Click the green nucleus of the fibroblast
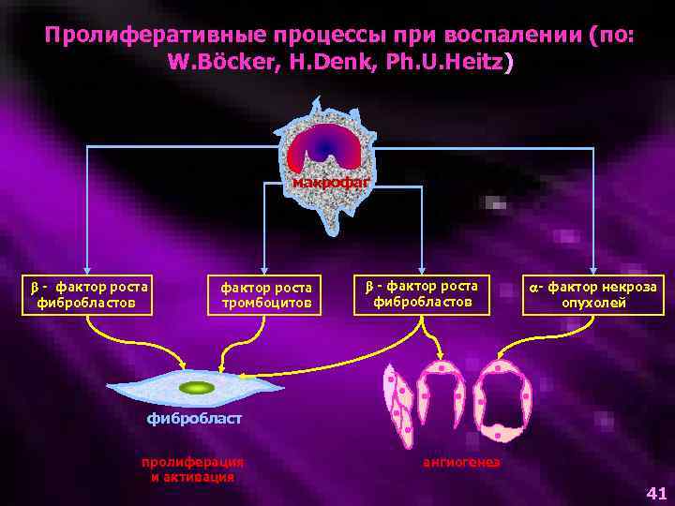[197, 387]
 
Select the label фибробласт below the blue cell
[194, 419]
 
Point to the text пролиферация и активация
[192, 469]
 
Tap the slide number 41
[656, 493]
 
